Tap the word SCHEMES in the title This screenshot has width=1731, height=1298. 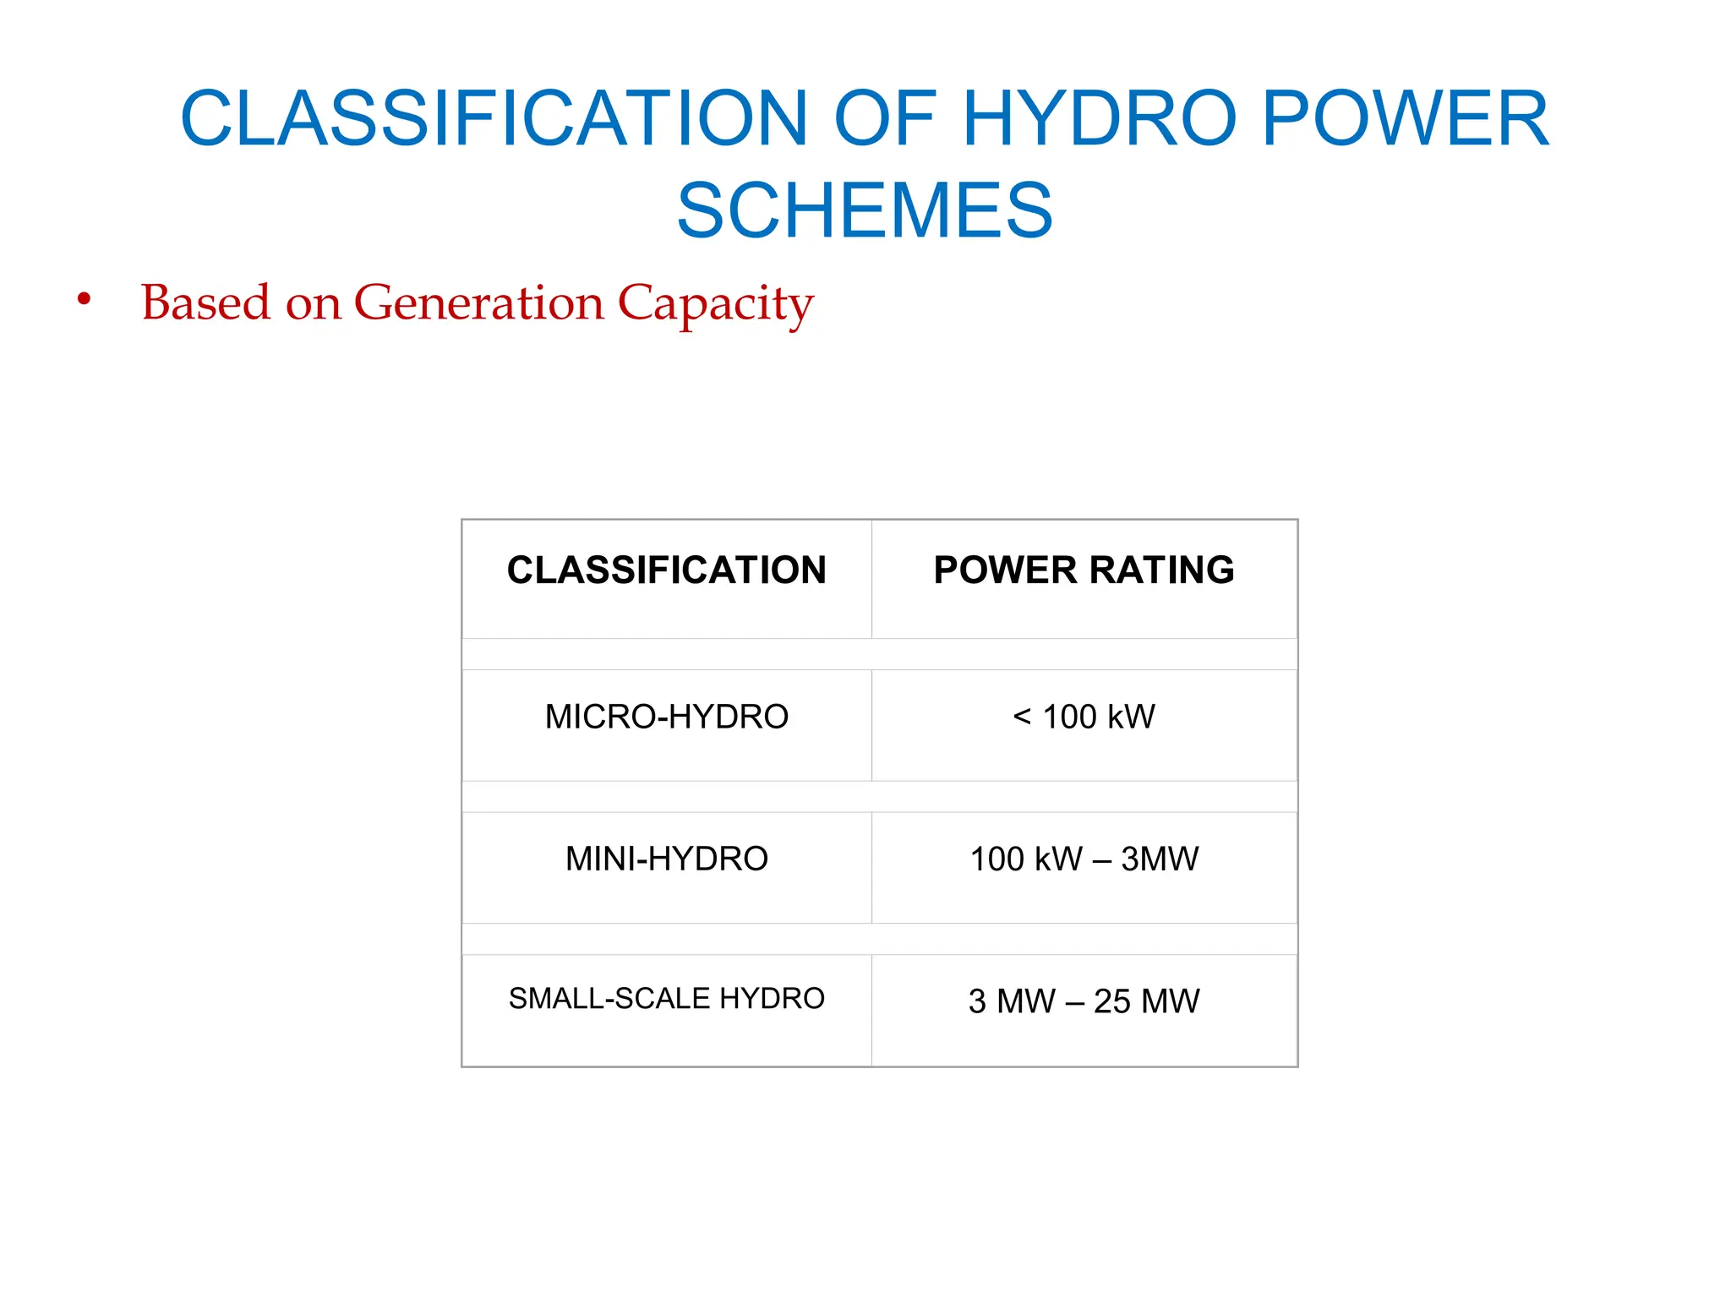[x=865, y=210]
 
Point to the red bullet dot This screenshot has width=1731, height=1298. [x=84, y=299]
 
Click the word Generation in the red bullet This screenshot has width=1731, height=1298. [x=479, y=303]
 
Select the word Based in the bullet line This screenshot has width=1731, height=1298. [x=205, y=303]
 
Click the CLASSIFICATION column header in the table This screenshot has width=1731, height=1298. [x=666, y=570]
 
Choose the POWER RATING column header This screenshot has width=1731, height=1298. [x=1084, y=570]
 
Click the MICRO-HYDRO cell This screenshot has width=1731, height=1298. [x=666, y=717]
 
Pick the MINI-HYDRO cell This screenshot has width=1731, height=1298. [x=666, y=859]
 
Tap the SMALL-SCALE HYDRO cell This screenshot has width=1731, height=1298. [x=666, y=999]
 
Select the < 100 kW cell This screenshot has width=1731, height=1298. [x=1084, y=717]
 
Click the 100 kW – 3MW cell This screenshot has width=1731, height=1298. [x=1084, y=859]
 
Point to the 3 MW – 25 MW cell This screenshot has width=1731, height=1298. [x=1084, y=1001]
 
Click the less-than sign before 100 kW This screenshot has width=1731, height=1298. [x=1022, y=717]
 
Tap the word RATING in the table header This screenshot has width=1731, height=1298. [x=1161, y=570]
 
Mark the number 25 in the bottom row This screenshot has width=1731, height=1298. [x=1111, y=1001]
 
